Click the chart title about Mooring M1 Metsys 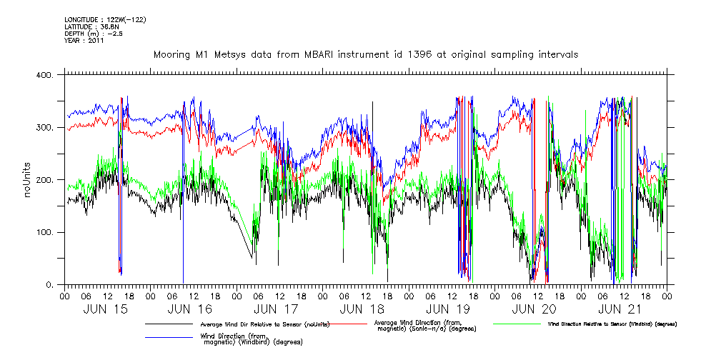(x=365, y=54)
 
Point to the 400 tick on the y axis (x=43, y=75)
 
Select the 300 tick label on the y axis (x=43, y=128)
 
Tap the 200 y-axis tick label (x=43, y=180)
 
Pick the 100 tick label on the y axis (x=43, y=233)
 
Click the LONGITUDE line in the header (x=105, y=20)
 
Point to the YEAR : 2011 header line (x=84, y=41)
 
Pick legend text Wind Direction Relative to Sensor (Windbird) (x=612, y=324)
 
